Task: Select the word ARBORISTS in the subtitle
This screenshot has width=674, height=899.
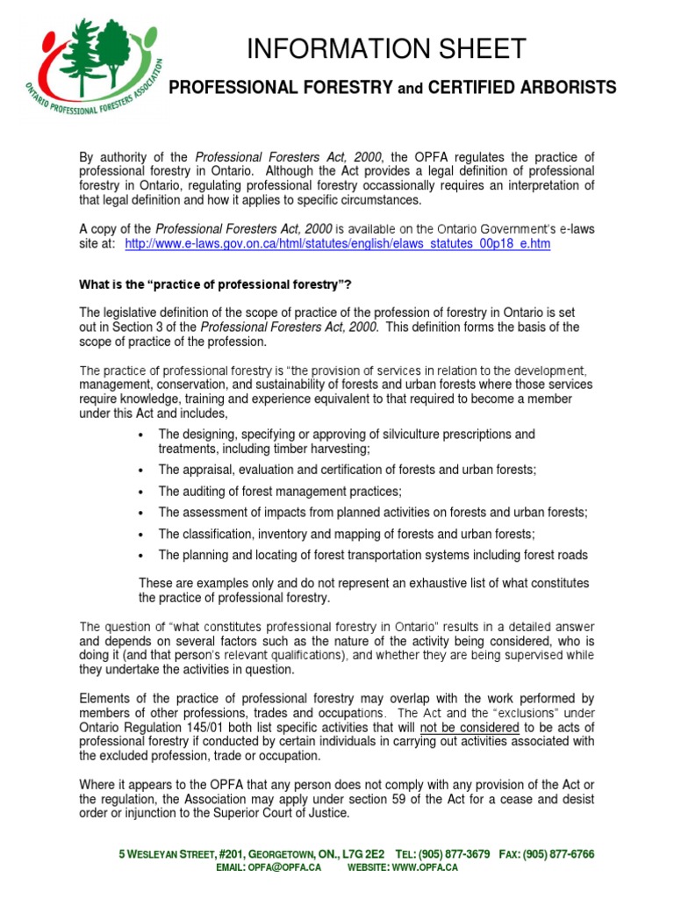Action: (x=569, y=87)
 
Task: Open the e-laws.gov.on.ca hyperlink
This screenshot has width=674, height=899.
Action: (x=338, y=244)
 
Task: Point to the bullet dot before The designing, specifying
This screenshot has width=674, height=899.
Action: (x=141, y=435)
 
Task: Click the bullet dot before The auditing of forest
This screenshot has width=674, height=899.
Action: (x=141, y=492)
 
